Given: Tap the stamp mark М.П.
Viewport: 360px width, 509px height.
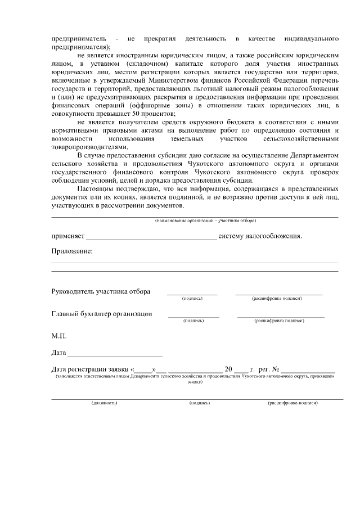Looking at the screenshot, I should click(59, 336).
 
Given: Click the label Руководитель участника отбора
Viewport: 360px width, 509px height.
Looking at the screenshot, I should click(101, 292).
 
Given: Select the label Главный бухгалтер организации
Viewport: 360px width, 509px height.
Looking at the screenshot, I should click(101, 314).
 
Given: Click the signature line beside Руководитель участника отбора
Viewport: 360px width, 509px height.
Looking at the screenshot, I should click(192, 294).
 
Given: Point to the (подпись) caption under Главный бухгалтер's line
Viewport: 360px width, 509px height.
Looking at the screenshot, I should click(193, 321).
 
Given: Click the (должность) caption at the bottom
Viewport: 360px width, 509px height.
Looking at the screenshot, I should click(104, 403).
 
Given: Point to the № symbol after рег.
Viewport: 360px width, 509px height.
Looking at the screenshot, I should click(276, 370).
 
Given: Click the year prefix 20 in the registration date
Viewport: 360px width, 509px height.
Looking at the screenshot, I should click(228, 370).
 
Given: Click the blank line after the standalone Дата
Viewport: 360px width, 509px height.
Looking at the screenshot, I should click(115, 355).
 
